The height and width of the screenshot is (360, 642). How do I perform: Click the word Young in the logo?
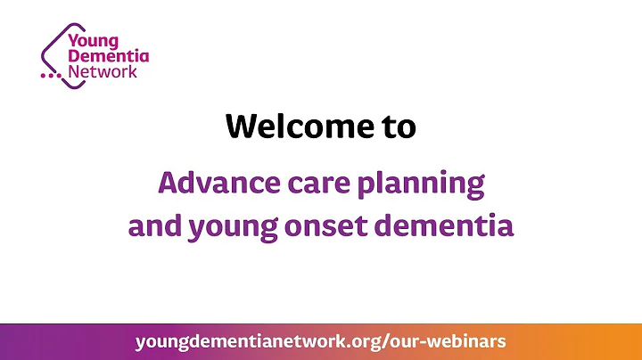(96, 39)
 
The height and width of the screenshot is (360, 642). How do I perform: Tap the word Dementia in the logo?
(110, 55)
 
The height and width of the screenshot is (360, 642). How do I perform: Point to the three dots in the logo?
(50, 78)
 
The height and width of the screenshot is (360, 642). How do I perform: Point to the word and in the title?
(153, 225)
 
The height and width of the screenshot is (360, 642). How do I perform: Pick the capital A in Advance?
(169, 184)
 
